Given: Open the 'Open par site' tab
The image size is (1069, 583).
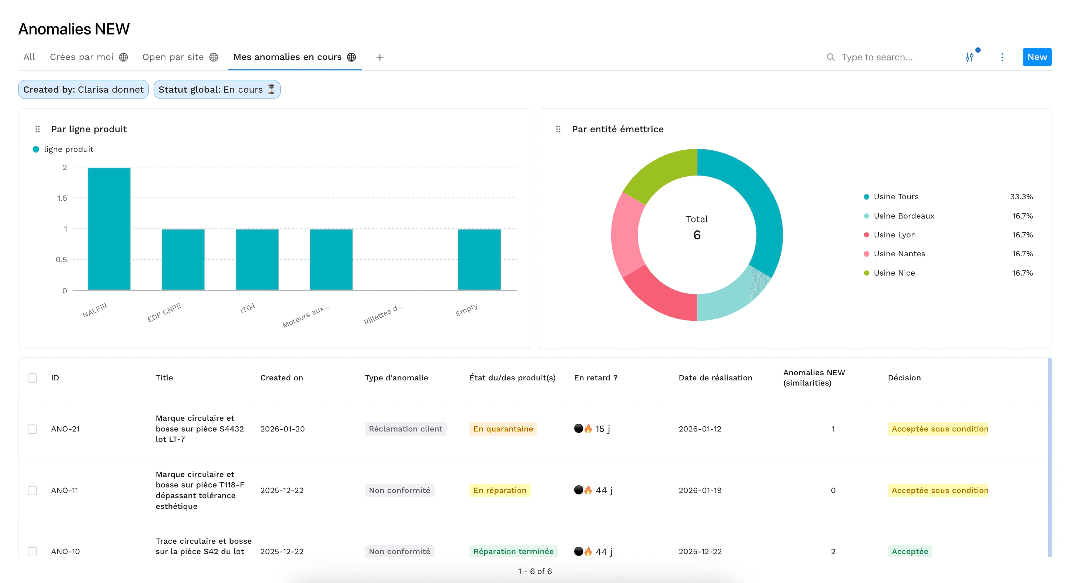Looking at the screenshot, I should point(173,57).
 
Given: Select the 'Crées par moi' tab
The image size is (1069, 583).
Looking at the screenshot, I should point(81,57).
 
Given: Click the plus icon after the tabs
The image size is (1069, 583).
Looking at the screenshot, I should point(379,57).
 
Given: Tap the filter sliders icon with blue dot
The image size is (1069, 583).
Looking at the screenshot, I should point(969,57).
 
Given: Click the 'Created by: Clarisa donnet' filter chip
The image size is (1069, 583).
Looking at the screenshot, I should point(83,90).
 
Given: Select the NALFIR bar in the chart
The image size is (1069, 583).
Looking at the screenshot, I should point(109,229).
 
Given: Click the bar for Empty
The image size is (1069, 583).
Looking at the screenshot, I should point(479,260).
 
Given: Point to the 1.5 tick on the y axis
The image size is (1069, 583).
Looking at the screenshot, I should point(62,198).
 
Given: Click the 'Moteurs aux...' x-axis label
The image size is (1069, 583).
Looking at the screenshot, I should point(306,316).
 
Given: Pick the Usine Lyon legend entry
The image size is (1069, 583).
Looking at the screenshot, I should point(894,235).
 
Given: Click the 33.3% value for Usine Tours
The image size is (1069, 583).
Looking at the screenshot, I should point(1021,197).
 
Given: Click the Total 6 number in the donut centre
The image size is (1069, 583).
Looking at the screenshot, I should point(697,235).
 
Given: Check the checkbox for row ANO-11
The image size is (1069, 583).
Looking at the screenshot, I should point(32,490).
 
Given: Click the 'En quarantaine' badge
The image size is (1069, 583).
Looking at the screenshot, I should point(503,429).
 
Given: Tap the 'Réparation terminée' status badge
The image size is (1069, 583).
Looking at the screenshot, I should point(513,551).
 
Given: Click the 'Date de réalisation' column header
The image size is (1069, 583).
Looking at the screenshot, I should point(715,378).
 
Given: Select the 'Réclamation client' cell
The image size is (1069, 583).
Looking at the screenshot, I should point(405,429).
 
